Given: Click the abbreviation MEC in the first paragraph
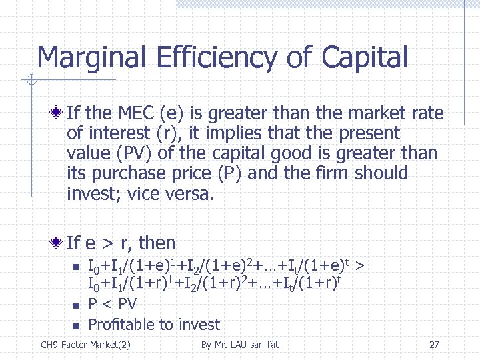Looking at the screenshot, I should [133, 113].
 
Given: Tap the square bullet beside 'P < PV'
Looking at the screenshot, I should [75, 305].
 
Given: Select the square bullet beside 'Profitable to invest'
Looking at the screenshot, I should [75, 325].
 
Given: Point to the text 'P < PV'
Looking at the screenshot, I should [112, 305].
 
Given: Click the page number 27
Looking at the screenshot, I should [434, 345].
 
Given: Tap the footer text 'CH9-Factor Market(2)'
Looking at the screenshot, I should [85, 345].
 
